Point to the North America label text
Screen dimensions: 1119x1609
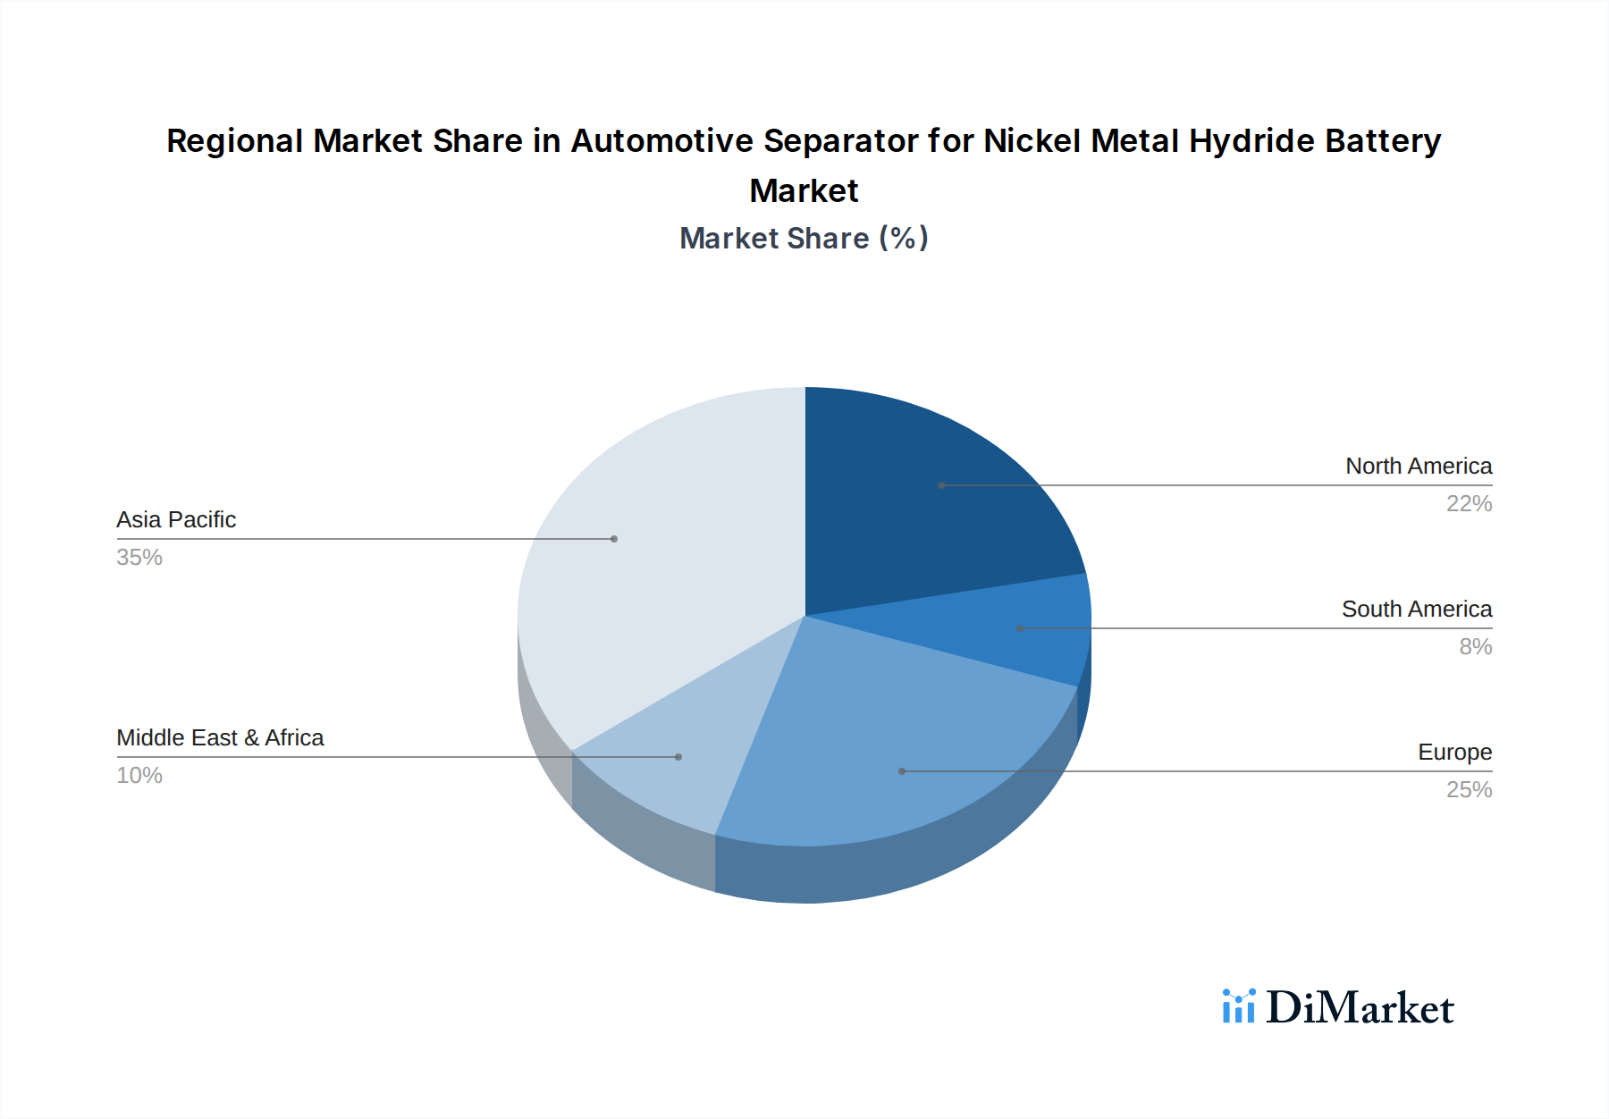tap(1418, 467)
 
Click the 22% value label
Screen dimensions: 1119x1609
tap(1469, 504)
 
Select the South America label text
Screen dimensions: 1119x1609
tap(1416, 610)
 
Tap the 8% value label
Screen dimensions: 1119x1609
tap(1475, 647)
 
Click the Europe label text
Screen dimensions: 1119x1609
tap(1454, 753)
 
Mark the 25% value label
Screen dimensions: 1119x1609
tap(1469, 790)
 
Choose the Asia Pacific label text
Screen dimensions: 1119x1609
tap(176, 520)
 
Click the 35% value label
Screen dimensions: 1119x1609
tap(139, 558)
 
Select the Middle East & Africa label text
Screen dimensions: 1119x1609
tap(220, 738)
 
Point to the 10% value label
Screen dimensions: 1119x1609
tap(139, 776)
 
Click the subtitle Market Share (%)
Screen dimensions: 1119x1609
tap(804, 239)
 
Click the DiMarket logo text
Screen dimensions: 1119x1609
tap(1360, 1008)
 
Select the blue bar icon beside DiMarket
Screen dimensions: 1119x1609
tap(1238, 1006)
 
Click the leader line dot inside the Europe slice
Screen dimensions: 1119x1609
tap(902, 771)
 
